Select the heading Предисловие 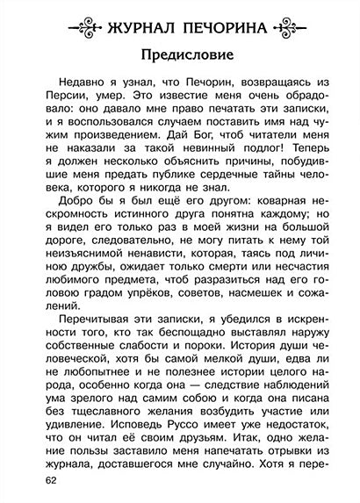[x=180, y=54]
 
